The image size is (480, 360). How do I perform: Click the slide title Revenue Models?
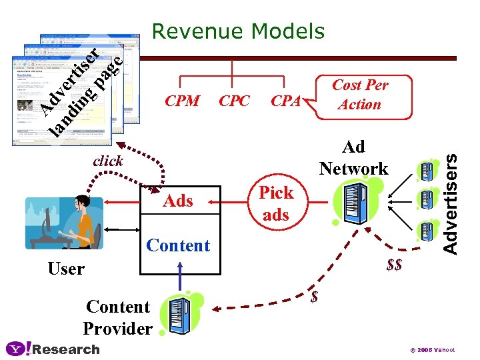[x=238, y=31]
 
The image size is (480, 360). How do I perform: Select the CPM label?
[x=182, y=101]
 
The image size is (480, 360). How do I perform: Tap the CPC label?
[x=234, y=101]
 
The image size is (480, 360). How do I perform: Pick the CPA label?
[x=286, y=101]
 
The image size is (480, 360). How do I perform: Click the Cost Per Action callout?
[x=359, y=95]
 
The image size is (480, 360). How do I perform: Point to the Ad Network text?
[x=353, y=157]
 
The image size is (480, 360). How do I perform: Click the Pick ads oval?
[x=276, y=203]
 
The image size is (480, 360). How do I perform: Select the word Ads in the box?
[x=178, y=201]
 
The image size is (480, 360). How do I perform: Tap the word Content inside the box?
[x=178, y=245]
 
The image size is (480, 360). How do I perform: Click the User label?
[x=66, y=269]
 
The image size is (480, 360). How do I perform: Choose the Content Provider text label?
[x=118, y=317]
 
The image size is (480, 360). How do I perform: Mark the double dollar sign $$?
[x=394, y=265]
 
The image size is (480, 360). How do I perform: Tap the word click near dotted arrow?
[x=107, y=161]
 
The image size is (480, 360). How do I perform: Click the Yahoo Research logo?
[x=52, y=349]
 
